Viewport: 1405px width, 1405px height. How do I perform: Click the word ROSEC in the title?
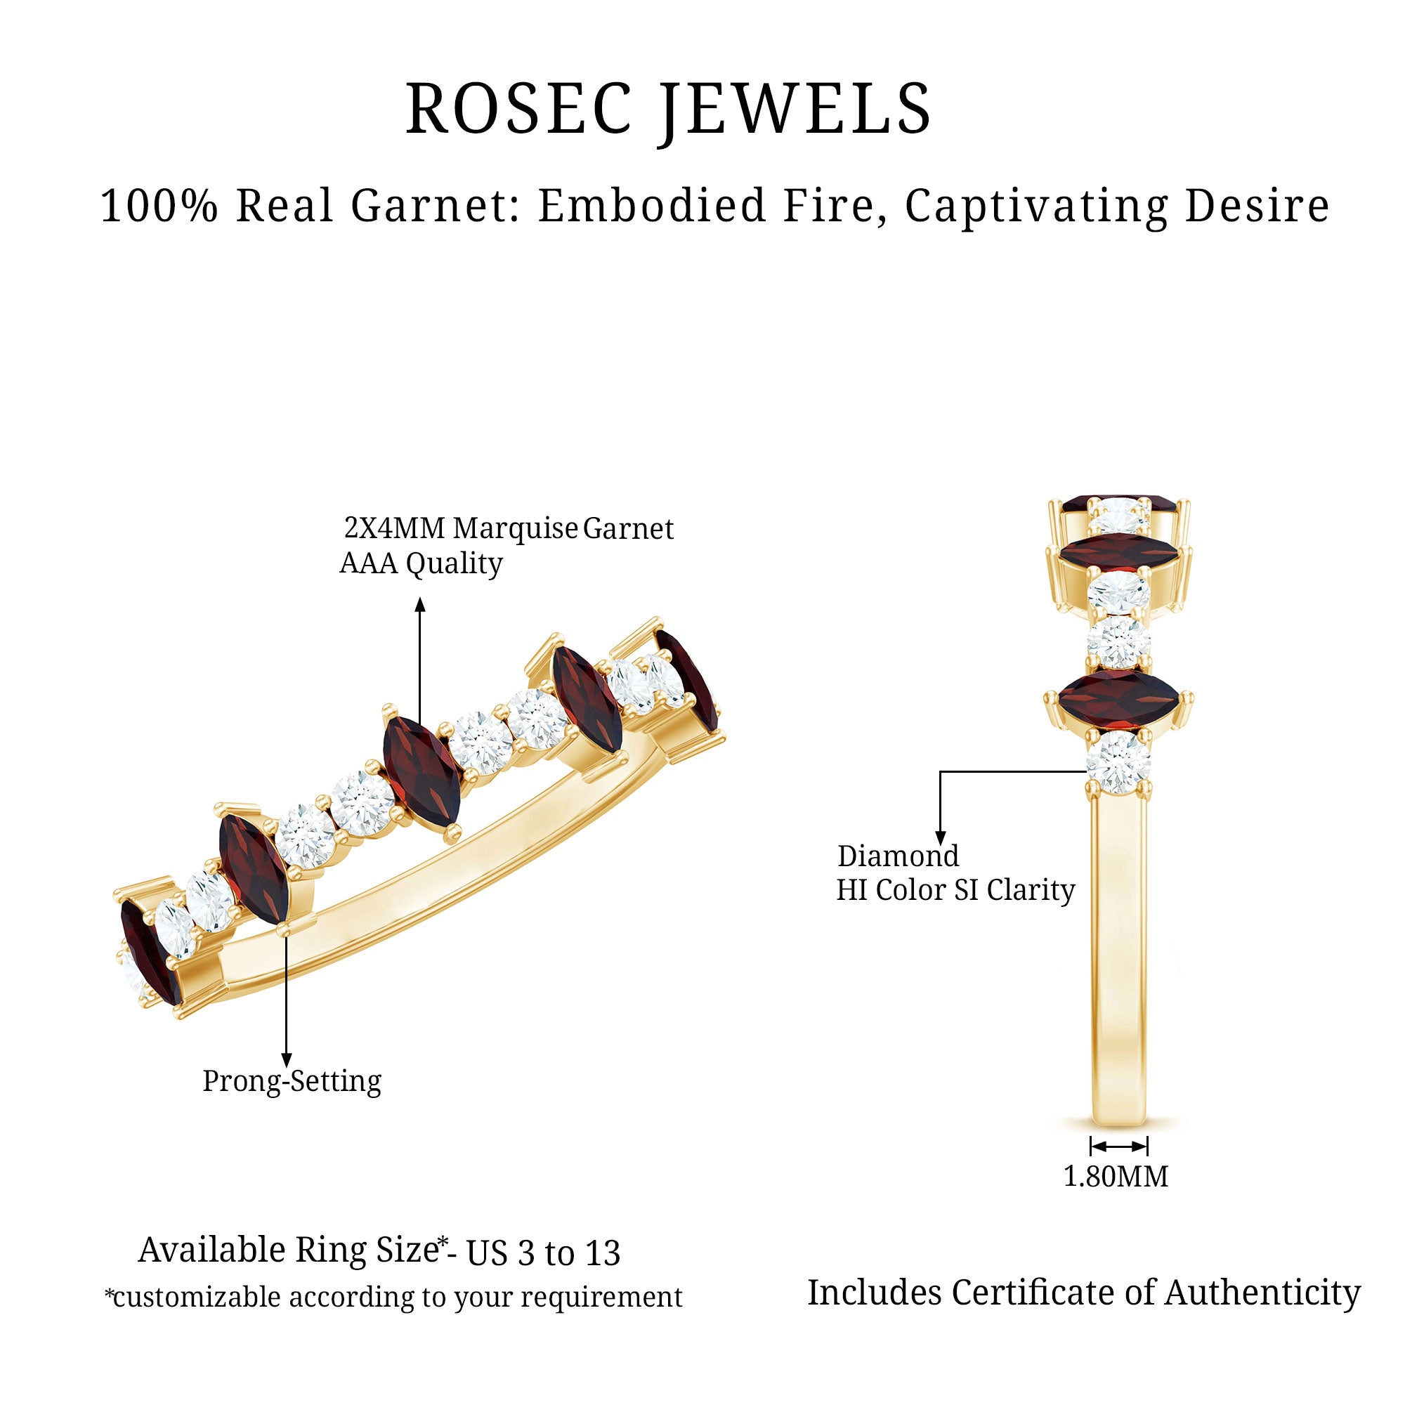518,109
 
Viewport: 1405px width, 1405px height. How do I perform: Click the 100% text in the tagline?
159,206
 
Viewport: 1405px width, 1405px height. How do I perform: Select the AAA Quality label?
421,563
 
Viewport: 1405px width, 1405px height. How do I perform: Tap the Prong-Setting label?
292,1081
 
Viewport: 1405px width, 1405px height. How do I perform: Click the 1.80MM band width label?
1116,1177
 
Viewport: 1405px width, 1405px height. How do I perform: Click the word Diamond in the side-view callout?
898,856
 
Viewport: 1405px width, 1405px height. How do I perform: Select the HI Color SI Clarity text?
955,890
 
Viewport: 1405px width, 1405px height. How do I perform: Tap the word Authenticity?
1262,1293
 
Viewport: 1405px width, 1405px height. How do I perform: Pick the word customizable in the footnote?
197,1298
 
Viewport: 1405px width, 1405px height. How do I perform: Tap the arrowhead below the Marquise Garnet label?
419,605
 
